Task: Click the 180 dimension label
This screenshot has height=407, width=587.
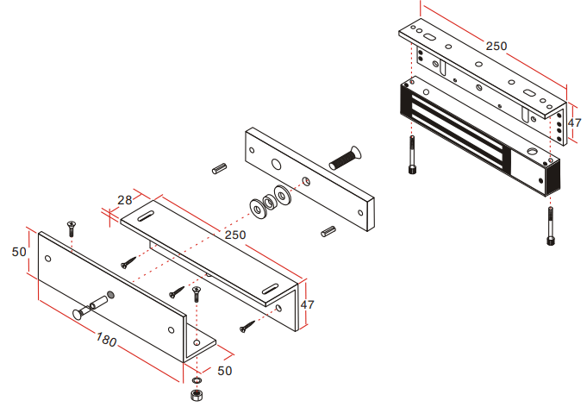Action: (106, 340)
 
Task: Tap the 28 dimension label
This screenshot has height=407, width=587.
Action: (125, 200)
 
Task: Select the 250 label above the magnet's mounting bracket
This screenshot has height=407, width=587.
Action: (496, 46)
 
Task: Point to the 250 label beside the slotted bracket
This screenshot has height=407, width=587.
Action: (235, 235)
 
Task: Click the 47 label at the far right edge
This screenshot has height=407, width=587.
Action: (574, 122)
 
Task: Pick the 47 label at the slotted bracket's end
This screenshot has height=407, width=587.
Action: (307, 304)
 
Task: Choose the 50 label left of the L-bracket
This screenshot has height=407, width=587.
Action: (19, 252)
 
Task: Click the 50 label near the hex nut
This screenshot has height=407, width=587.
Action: (225, 371)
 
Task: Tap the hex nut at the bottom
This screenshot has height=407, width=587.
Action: (196, 395)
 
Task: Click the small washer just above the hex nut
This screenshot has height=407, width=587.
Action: (197, 381)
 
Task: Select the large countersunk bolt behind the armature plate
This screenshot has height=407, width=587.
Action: (345, 158)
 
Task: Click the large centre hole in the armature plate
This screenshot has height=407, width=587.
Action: (277, 164)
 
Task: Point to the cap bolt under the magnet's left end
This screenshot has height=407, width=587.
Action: (412, 155)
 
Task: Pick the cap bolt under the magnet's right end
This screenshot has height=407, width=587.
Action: (550, 226)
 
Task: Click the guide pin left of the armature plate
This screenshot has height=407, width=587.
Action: (220, 168)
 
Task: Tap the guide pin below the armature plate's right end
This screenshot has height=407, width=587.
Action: (328, 231)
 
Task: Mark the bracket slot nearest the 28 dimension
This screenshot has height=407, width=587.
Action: (146, 216)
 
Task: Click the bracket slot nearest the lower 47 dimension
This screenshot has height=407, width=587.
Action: (270, 289)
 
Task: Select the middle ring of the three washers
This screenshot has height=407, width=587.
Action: (269, 202)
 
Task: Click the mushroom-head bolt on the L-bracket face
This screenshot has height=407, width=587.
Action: (91, 307)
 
